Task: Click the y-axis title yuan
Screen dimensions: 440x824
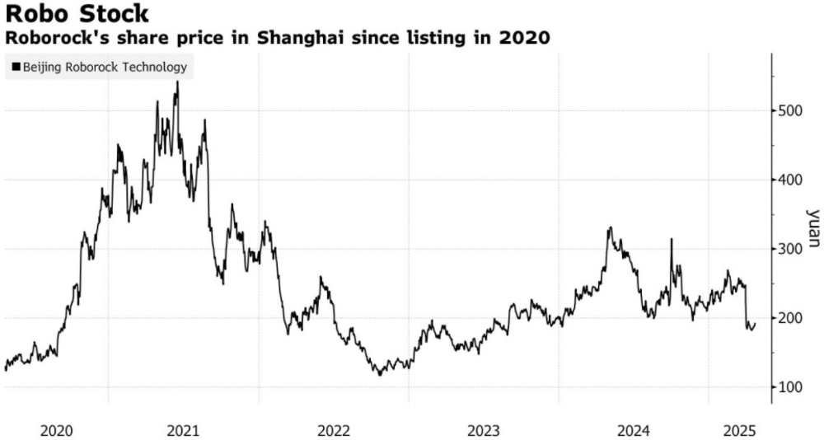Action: click(813, 227)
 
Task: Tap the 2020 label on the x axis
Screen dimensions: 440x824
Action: click(56, 430)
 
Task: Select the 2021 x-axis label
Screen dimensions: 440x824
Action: click(183, 430)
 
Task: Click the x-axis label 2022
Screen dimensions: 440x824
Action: click(334, 430)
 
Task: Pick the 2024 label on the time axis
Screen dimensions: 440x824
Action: click(634, 430)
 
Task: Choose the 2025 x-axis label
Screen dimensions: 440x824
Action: click(739, 430)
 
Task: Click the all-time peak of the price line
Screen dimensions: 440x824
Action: click(177, 82)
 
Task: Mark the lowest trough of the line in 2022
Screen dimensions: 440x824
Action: click(380, 375)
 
